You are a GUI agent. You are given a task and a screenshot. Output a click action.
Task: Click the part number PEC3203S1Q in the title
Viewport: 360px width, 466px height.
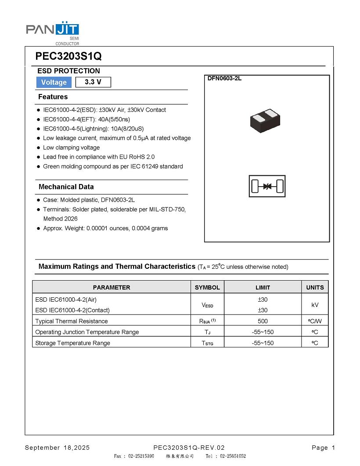68,57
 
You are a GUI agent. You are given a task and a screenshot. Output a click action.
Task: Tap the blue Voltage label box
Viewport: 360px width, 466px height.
54,82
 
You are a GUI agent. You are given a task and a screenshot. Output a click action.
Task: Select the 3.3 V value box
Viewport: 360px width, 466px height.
93,82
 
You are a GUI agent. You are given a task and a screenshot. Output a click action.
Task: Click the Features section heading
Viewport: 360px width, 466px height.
53,97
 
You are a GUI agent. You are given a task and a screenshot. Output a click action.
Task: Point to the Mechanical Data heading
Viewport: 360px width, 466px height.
66,187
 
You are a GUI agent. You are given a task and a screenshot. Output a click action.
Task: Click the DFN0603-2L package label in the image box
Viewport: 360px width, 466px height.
224,79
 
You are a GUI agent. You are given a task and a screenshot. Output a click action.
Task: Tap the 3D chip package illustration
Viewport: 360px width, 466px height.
264,121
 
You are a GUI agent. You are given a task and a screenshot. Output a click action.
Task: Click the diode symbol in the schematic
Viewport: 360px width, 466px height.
267,187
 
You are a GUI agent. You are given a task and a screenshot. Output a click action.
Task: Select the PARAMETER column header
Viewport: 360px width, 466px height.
112,287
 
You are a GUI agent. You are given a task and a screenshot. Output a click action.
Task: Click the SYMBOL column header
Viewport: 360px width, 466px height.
207,287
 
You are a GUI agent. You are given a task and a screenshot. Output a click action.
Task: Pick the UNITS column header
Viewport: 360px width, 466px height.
315,287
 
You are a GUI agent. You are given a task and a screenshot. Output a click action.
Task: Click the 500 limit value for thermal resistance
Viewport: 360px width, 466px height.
263,321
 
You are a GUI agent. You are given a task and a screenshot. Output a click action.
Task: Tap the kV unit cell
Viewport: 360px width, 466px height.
315,305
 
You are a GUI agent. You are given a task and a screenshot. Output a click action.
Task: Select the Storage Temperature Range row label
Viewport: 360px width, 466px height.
72,343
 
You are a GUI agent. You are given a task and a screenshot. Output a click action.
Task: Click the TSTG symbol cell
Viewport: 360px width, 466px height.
207,343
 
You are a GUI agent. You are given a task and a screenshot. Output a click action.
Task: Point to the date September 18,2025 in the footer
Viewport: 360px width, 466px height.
57,448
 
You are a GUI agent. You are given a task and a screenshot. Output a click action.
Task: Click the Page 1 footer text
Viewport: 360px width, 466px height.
323,448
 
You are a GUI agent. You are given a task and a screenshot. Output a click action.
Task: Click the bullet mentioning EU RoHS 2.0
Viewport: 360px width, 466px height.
98,157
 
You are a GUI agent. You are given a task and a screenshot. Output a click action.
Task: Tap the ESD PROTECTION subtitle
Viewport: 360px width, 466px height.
68,71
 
